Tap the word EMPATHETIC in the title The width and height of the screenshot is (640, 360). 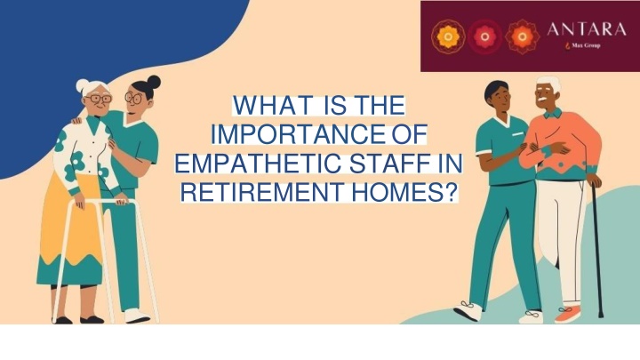click(258, 163)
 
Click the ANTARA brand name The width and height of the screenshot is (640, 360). click(586, 29)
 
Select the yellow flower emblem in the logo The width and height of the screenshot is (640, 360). click(448, 36)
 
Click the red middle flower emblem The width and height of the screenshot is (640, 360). click(484, 36)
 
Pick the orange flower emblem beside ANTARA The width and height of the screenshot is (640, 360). click(522, 36)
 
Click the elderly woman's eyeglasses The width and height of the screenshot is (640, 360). click(98, 99)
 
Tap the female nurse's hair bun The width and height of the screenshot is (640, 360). click(154, 82)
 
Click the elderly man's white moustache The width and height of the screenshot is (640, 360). click(542, 99)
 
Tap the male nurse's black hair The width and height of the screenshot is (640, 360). click(495, 89)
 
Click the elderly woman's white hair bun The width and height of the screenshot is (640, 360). click(82, 86)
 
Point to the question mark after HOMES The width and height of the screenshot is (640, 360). click(448, 192)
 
